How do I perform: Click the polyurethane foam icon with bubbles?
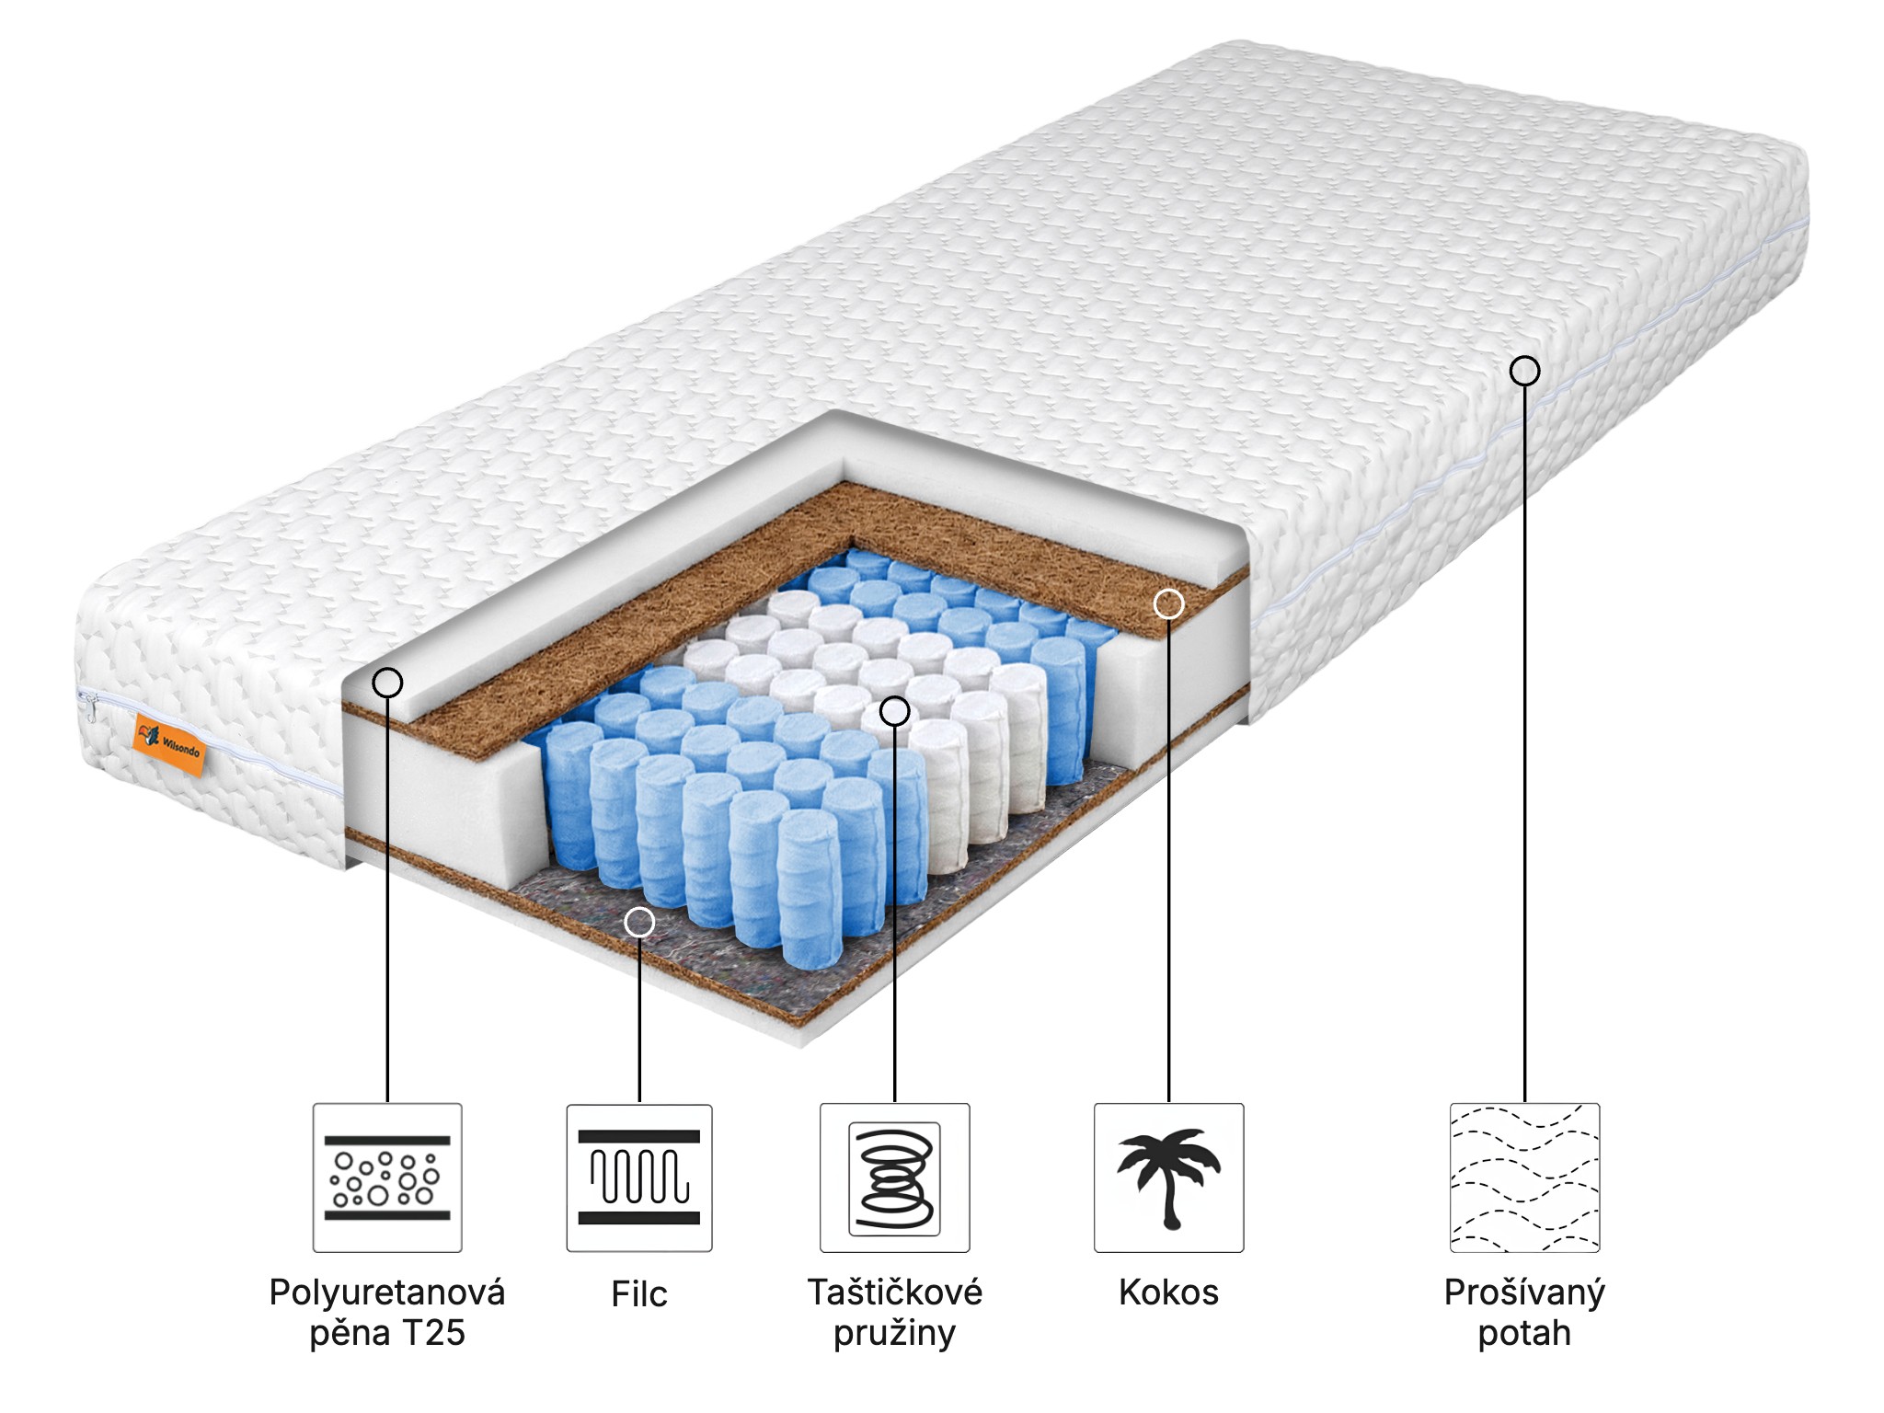[x=387, y=1177]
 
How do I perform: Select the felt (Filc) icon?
[x=639, y=1177]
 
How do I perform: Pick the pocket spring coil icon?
[x=894, y=1177]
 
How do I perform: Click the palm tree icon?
[x=1168, y=1177]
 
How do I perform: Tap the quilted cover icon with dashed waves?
[x=1524, y=1177]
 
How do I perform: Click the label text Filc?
[x=639, y=1293]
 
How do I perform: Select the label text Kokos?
[x=1168, y=1292]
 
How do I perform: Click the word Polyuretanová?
[x=387, y=1293]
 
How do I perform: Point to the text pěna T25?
[x=387, y=1333]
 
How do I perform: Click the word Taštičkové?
[x=895, y=1292]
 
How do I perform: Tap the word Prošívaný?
[x=1524, y=1293]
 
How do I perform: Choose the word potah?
[x=1524, y=1333]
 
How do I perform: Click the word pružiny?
[x=895, y=1333]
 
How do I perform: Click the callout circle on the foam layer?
[x=388, y=683]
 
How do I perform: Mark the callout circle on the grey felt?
[x=639, y=922]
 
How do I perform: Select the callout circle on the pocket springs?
[x=895, y=710]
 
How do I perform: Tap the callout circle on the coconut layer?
[x=1168, y=603]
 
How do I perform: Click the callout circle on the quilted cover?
[x=1524, y=371]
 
